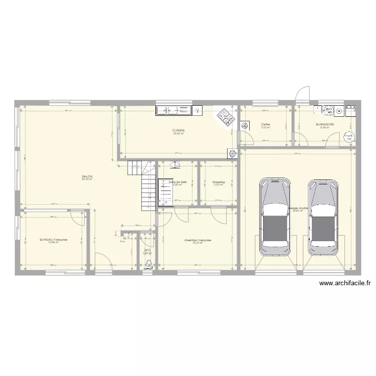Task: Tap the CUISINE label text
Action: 179,130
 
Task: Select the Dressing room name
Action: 219,182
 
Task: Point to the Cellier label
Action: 266,124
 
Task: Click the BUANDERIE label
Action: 324,124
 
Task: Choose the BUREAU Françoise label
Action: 54,240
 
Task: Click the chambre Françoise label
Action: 198,240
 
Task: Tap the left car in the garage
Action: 274,217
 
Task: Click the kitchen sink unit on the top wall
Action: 179,110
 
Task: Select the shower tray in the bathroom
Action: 165,193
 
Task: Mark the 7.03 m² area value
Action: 266,127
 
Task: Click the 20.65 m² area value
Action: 179,133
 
